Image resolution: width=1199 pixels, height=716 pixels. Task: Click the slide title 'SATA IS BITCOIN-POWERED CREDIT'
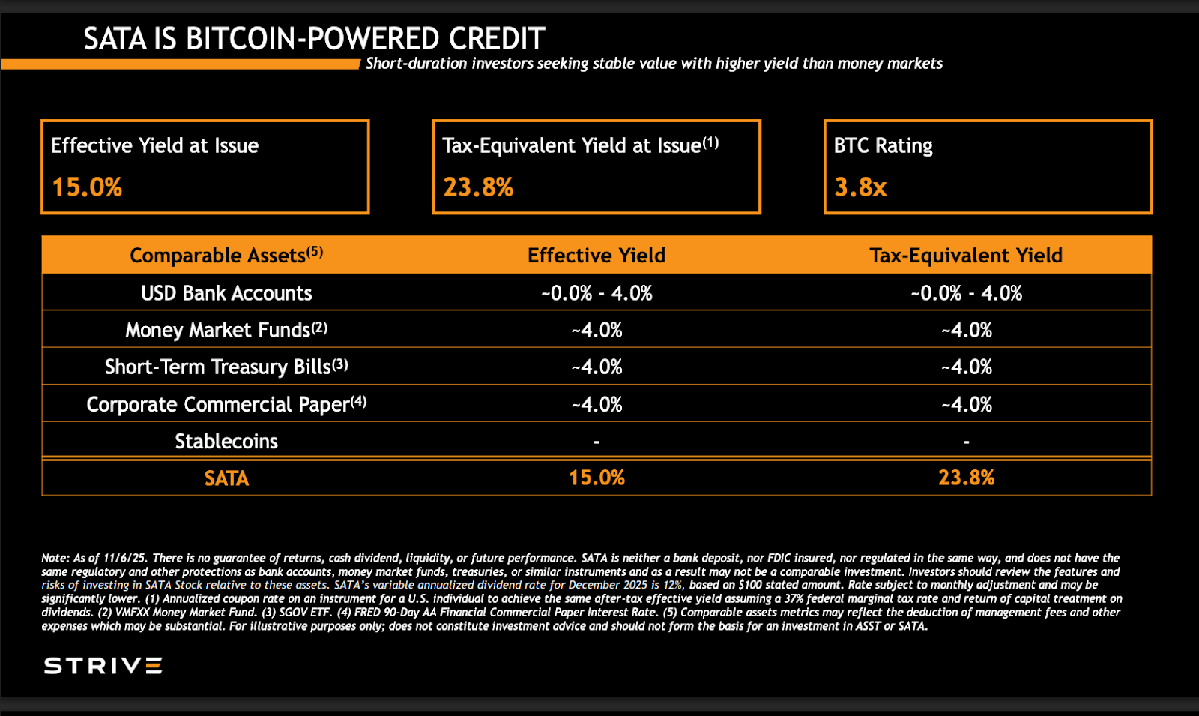(314, 39)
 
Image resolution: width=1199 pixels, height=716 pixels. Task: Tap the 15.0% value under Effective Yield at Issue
(87, 187)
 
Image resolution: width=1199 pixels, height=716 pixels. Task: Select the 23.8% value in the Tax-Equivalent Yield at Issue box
(478, 187)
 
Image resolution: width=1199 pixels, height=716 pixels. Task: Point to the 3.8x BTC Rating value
(860, 187)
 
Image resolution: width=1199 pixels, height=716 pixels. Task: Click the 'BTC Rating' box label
(883, 145)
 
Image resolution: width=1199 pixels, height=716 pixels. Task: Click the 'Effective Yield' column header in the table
(597, 256)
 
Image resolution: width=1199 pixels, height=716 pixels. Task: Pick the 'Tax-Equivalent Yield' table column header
(966, 256)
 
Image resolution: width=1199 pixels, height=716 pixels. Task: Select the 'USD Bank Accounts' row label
(226, 293)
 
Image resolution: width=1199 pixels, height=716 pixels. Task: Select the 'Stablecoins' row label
(226, 441)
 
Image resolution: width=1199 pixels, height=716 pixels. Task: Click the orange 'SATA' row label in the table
(226, 478)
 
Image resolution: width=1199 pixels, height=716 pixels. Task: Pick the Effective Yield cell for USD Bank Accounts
(597, 293)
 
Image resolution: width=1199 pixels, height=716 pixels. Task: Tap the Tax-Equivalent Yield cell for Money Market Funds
(966, 330)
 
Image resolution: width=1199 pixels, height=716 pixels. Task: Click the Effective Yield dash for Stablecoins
(597, 442)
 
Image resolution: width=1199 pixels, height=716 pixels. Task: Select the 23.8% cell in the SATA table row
(966, 478)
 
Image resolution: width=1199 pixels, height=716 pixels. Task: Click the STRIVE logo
(103, 666)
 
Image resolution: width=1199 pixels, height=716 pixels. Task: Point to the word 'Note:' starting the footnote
(55, 558)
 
